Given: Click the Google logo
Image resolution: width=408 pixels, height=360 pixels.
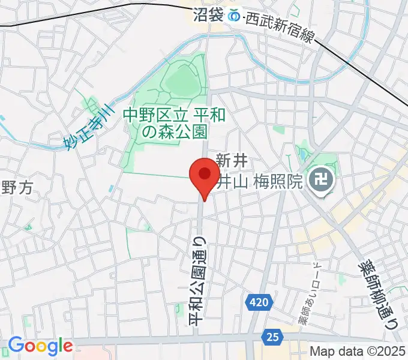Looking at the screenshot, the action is point(40,346).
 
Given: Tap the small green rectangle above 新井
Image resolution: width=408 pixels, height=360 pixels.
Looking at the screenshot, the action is point(278,129).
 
